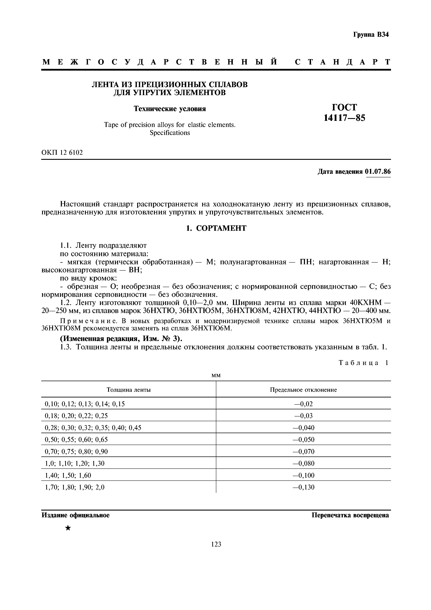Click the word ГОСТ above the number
344,107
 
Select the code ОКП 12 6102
62,152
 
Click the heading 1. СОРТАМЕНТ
216,228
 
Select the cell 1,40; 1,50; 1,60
68,475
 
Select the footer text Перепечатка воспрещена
350,515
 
